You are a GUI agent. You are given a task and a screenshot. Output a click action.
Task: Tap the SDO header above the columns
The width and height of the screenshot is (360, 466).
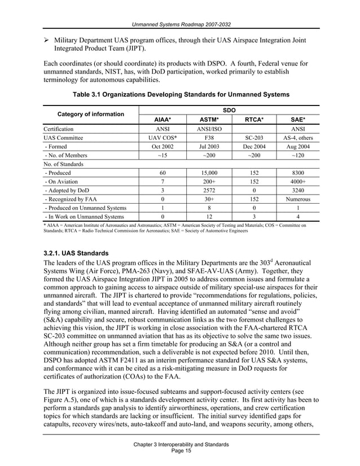coord(229,109)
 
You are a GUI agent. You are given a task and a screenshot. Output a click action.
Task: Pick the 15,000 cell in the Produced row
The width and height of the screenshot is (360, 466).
coord(209,173)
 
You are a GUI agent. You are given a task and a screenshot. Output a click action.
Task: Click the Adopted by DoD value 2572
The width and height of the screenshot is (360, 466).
coord(209,191)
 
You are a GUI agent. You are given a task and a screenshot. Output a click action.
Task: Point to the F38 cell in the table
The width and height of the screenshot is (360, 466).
coord(209,138)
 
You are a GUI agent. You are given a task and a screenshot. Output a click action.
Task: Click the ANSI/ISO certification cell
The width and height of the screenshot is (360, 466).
coord(209,129)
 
